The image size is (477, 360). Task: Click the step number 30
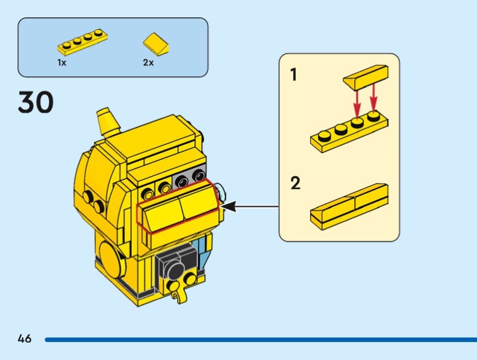[x=36, y=102]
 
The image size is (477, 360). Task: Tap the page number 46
[x=24, y=339]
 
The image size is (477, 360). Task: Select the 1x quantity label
[x=62, y=63]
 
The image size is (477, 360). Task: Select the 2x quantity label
[x=148, y=63]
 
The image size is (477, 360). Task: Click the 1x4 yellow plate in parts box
[x=82, y=42]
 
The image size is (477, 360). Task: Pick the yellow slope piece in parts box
[x=156, y=44]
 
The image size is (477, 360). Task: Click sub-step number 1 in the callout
[x=293, y=75]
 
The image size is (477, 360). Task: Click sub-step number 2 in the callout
[x=295, y=183]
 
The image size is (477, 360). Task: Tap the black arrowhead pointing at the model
[x=228, y=206]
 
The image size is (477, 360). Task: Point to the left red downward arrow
[x=357, y=103]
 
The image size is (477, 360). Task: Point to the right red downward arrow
[x=374, y=98]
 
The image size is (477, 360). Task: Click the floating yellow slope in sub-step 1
[x=366, y=77]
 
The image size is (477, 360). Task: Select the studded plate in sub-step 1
[x=349, y=131]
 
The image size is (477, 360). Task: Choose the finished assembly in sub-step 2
[x=349, y=207]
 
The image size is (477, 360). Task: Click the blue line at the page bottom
[x=261, y=340]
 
